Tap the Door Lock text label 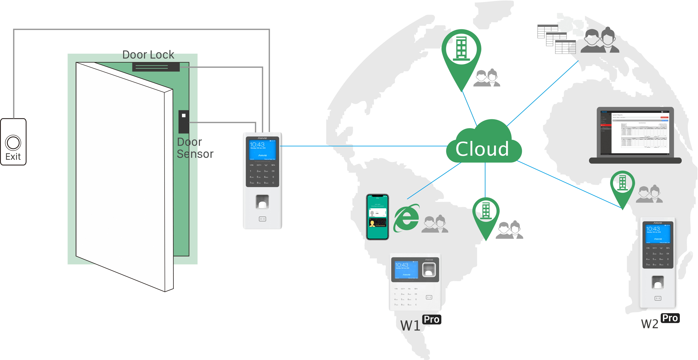(x=148, y=55)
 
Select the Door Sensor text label (x=195, y=148)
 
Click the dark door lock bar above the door (x=156, y=67)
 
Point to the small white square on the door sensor (x=184, y=116)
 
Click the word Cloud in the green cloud (x=482, y=149)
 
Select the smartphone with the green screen (x=378, y=217)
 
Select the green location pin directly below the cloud (x=486, y=214)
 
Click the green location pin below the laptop (x=622, y=187)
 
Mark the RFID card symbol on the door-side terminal (x=262, y=219)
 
